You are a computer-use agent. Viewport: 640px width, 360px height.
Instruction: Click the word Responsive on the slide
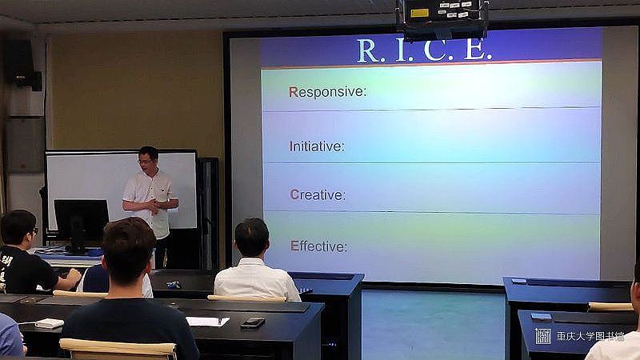(x=327, y=92)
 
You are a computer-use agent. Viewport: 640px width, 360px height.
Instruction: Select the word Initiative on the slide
(x=317, y=146)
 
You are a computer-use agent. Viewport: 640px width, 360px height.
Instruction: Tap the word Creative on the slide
(x=318, y=194)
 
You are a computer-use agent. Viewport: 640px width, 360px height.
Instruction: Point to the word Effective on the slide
(x=318, y=246)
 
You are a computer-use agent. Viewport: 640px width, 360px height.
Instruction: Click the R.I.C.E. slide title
(x=424, y=50)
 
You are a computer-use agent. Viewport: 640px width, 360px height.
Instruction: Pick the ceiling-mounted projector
(x=442, y=18)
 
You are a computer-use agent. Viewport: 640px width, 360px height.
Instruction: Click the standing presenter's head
(x=148, y=159)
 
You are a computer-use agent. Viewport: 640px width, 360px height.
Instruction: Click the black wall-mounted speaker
(x=22, y=63)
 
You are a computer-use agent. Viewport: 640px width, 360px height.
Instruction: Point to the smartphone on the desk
(x=253, y=323)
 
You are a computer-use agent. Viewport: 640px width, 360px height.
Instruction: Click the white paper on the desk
(x=207, y=322)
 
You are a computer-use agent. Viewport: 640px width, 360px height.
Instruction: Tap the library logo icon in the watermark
(x=543, y=336)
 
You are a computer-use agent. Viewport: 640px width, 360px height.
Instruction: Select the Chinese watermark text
(x=590, y=336)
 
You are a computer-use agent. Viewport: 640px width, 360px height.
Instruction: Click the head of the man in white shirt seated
(x=252, y=238)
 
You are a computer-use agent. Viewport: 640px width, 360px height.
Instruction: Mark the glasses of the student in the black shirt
(x=34, y=231)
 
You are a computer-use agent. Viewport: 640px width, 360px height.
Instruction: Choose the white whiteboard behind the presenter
(x=122, y=190)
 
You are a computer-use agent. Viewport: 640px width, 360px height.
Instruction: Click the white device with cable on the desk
(x=49, y=323)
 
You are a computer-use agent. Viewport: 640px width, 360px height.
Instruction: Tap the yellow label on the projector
(x=419, y=13)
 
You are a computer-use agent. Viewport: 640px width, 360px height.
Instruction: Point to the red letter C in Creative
(x=294, y=194)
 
